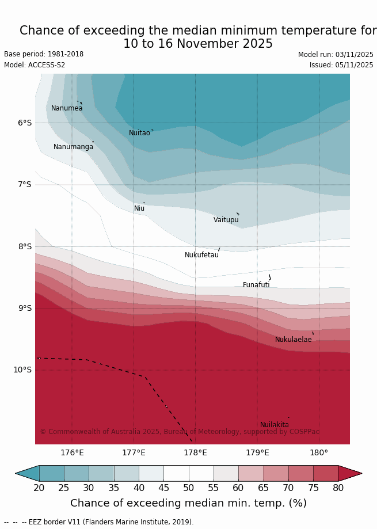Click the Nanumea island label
[67, 108]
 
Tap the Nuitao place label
[139, 133]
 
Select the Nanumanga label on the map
[73, 147]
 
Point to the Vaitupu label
[226, 220]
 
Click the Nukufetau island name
[201, 255]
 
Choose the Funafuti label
[256, 285]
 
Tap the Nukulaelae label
[293, 340]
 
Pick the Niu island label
[139, 208]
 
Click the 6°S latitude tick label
[24, 123]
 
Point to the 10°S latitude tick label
[22, 370]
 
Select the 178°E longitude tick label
[195, 452]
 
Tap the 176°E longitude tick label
[72, 452]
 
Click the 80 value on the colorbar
[338, 488]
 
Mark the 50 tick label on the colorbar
[188, 488]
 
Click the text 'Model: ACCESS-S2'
[35, 65]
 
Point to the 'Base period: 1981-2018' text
[44, 54]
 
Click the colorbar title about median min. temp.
[188, 503]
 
